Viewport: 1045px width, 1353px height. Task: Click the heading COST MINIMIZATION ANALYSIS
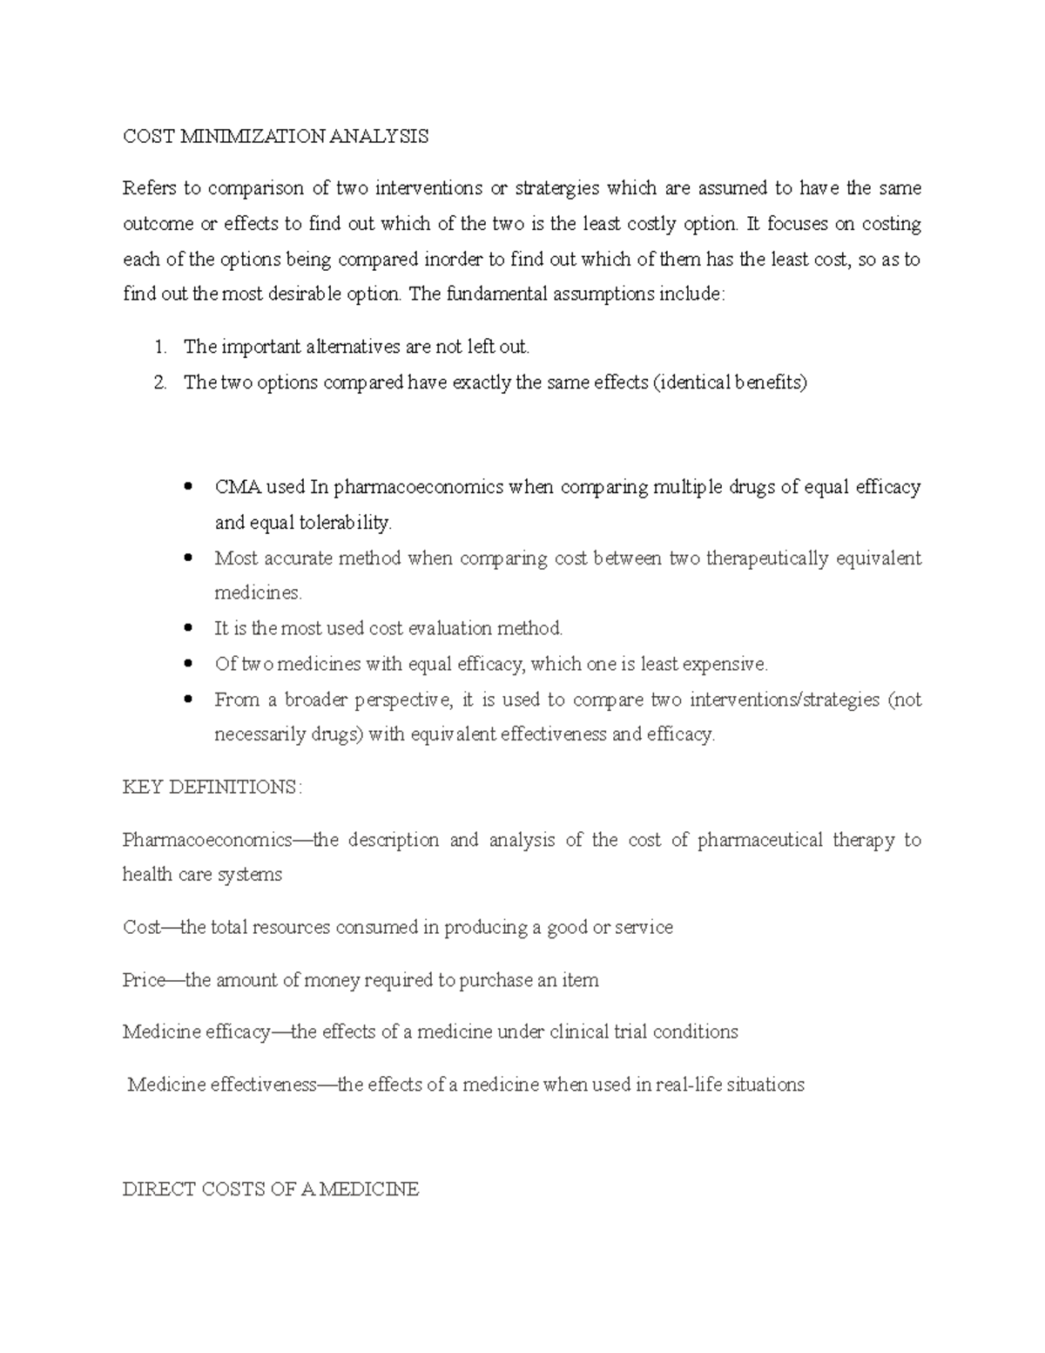pos(275,137)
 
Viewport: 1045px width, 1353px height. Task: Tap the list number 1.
pos(159,347)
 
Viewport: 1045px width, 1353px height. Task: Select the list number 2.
pos(159,382)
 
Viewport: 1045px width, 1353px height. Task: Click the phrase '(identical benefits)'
pos(730,382)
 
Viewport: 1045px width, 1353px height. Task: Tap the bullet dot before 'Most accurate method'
pos(188,558)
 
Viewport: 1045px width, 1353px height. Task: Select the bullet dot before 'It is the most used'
pos(188,628)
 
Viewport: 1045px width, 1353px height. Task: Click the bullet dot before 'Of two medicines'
pos(188,664)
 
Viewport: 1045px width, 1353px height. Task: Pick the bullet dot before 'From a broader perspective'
pos(188,699)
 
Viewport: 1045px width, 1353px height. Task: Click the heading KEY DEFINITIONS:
pos(212,788)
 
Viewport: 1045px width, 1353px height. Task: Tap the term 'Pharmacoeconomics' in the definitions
pos(207,840)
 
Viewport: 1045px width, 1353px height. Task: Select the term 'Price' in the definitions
pos(144,980)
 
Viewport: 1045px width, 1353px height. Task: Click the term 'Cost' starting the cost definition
pos(142,928)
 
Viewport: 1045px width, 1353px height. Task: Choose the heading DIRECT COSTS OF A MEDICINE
pos(271,1189)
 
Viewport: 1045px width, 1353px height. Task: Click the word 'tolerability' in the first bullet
pos(347,523)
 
